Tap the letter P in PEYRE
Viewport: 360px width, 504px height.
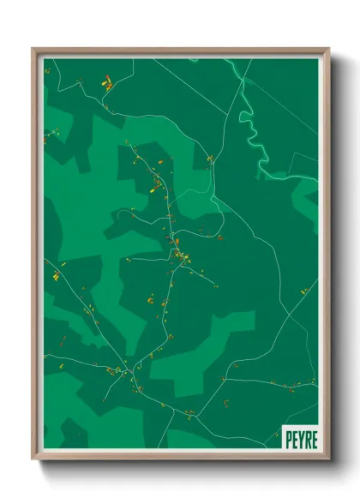tap(289, 438)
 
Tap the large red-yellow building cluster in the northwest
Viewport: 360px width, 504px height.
tap(107, 84)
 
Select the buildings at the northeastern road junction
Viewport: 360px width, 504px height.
tap(210, 159)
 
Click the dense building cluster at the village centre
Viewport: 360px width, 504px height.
tap(181, 256)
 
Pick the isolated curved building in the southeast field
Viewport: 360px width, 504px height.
tap(226, 401)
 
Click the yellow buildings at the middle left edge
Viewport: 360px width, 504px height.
tap(57, 275)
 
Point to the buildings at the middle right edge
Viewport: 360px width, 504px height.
tap(303, 292)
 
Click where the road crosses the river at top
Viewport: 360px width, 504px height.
tap(242, 77)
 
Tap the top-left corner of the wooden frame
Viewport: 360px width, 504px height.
tap(33, 48)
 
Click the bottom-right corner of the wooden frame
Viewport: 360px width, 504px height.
tap(329, 460)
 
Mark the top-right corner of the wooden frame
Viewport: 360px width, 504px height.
tap(329, 48)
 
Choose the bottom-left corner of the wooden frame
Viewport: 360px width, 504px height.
tap(33, 460)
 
